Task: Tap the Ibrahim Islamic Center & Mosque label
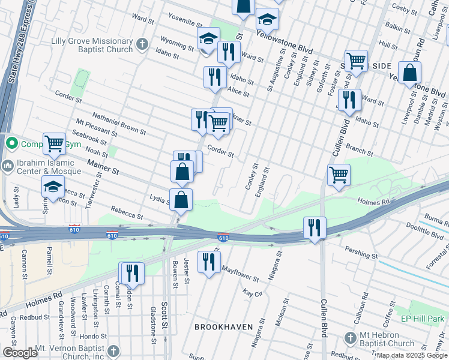point(45,167)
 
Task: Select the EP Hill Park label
point(422,319)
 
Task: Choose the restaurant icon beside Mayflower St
point(209,262)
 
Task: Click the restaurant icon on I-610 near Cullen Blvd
point(314,227)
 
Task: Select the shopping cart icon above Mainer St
point(54,143)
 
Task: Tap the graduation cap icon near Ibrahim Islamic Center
point(53,187)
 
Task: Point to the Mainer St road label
point(104,167)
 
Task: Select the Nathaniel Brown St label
point(119,122)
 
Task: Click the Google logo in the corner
point(20,353)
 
